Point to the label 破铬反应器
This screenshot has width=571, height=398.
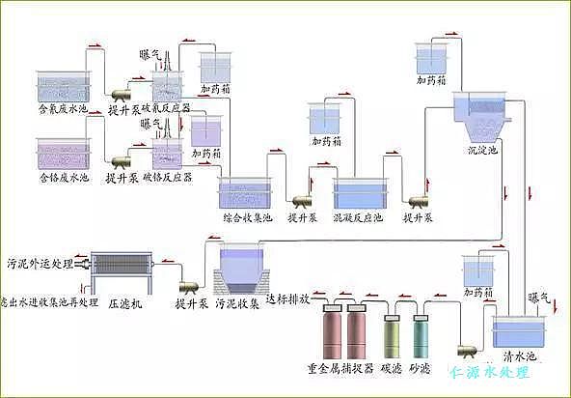pyautogui.click(x=167, y=178)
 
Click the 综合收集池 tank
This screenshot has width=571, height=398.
pyautogui.click(x=247, y=192)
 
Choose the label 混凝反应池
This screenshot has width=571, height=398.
pyautogui.click(x=358, y=219)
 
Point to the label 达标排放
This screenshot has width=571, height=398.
pyautogui.click(x=286, y=299)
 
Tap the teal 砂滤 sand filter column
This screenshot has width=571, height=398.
pyautogui.click(x=421, y=338)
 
